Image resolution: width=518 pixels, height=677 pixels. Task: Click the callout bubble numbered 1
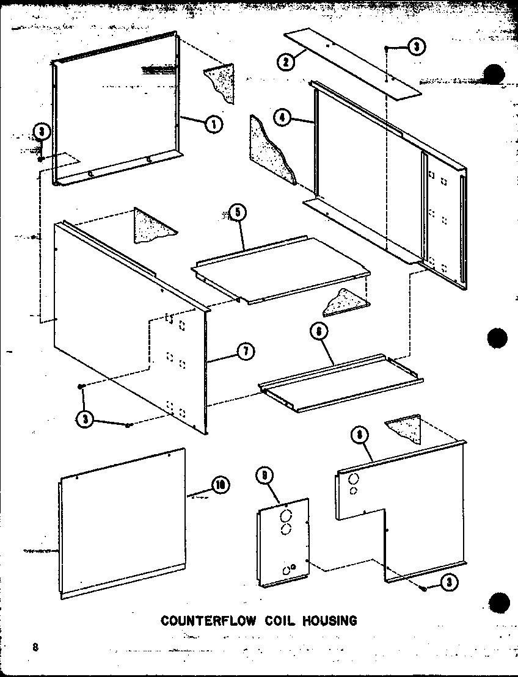coord(214,125)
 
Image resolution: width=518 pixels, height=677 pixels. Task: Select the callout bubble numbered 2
coord(284,61)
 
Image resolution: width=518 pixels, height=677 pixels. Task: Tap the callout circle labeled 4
coord(281,118)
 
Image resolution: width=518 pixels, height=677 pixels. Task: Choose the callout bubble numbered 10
coord(219,485)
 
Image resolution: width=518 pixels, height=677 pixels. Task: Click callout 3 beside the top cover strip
coord(417,48)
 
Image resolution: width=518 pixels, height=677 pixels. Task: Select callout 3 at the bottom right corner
coord(449,583)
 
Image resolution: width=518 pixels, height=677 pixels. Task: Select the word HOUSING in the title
coord(328,621)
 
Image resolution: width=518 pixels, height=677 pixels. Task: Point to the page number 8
coord(36,647)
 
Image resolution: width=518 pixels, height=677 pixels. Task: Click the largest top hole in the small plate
coord(285,517)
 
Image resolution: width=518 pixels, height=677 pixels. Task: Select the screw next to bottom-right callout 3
coord(423,587)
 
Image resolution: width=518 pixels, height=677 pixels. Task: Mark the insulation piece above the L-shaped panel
coord(405,429)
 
